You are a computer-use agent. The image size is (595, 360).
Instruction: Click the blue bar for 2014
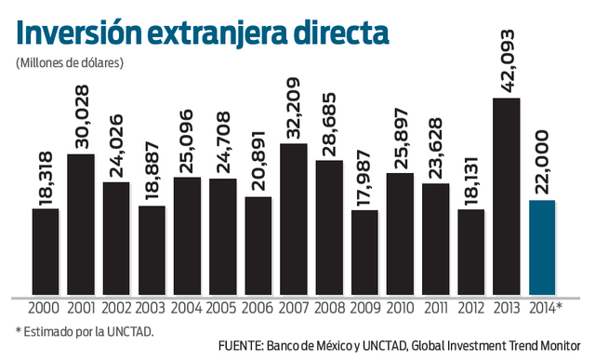pos(542,247)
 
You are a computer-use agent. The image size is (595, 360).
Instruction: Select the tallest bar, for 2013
pos(506,196)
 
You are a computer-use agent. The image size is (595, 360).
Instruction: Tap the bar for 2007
pos(294,219)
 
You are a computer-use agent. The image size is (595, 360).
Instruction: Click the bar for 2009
pos(364,252)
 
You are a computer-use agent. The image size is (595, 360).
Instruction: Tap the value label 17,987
pos(364,178)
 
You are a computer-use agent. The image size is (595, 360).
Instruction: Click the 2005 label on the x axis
pos(222,308)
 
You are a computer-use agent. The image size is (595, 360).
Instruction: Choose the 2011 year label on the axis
pos(435,308)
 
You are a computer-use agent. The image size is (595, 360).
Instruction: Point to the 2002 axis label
pos(116,308)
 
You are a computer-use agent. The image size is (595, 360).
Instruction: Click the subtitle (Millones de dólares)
pos(70,63)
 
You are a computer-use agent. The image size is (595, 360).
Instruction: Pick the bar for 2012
pos(470,252)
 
